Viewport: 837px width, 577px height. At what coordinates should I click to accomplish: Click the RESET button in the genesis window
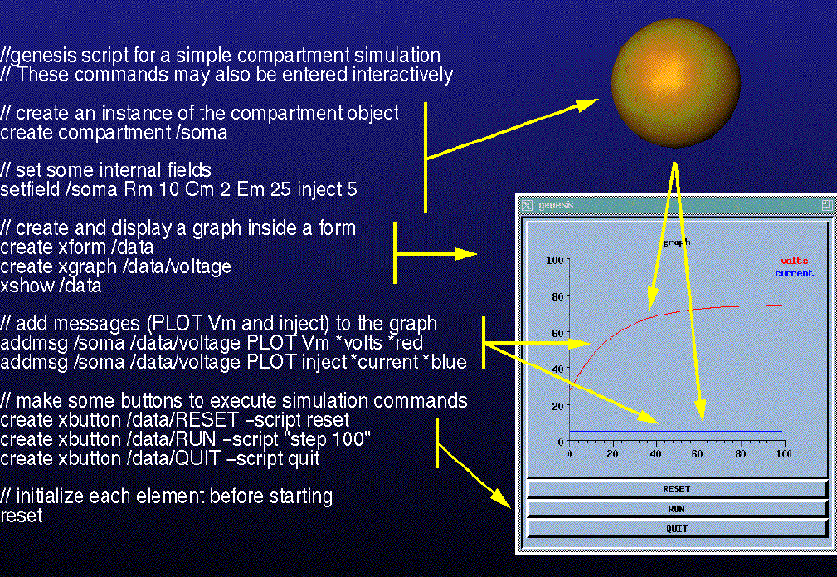[676, 489]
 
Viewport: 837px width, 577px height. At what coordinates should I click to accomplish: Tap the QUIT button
[676, 528]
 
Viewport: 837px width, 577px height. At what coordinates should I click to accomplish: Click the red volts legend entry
[795, 261]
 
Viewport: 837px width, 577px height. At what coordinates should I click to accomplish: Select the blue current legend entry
[795, 273]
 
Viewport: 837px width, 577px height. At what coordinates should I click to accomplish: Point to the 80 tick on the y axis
[557, 296]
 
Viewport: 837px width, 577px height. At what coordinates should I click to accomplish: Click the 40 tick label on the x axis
[655, 453]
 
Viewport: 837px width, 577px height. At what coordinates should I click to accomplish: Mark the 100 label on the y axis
[555, 260]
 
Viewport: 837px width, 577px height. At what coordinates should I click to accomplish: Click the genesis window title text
[556, 205]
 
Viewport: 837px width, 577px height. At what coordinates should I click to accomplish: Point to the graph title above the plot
[676, 242]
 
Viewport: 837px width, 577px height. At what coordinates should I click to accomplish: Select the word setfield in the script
[30, 189]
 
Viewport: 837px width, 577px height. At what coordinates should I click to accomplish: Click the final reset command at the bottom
[22, 516]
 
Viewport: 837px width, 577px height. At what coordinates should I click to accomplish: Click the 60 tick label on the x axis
[697, 453]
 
